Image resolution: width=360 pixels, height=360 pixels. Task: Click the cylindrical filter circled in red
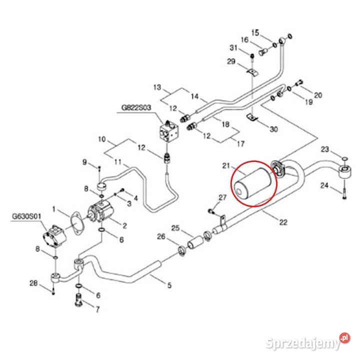(x=254, y=182)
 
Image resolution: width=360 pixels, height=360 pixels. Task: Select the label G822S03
(x=136, y=107)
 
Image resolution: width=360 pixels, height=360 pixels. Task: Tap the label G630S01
(x=25, y=217)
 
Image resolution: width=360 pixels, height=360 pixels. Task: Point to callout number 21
(x=225, y=166)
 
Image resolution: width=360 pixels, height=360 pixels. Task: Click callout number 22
(x=283, y=222)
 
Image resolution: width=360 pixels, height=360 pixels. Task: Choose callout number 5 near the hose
(x=169, y=285)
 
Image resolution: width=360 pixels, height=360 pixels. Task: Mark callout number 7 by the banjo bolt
(x=96, y=309)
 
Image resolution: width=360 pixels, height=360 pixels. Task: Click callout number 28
(x=33, y=284)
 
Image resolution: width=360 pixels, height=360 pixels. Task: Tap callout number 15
(x=255, y=32)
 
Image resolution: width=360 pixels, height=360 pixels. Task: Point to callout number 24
(x=323, y=186)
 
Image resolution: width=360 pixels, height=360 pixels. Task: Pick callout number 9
(x=84, y=161)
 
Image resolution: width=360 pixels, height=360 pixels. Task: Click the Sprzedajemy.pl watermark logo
(x=307, y=342)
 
